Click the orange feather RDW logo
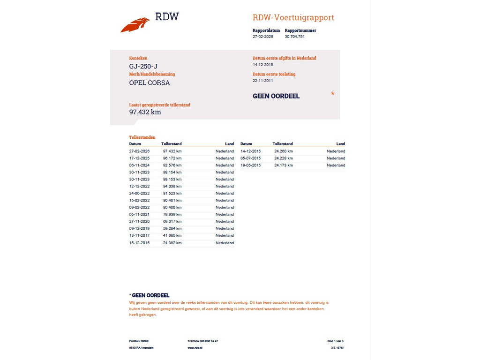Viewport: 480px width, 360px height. pos(135,25)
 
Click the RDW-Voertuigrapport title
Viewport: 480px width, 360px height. pos(293,18)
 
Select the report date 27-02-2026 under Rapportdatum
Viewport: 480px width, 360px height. pos(262,37)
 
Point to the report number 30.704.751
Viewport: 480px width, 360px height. pos(294,37)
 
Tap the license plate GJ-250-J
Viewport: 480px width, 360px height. pos(143,67)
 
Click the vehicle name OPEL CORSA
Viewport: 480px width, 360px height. pos(150,83)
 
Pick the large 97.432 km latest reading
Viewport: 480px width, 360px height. pos(145,112)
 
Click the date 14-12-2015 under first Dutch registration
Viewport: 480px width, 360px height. pos(262,65)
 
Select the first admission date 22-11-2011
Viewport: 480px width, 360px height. pos(262,81)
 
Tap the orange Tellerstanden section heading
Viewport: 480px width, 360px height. pos(142,137)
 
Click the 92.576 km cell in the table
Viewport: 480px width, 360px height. pos(172,165)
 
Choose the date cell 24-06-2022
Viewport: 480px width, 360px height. pos(139,194)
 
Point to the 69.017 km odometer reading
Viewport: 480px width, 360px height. pos(172,222)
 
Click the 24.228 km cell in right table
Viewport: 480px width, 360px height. pos(283,158)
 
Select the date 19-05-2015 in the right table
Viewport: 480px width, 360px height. pos(250,165)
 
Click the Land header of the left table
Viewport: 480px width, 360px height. pos(229,144)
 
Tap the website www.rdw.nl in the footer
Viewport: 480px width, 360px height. pos(195,348)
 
